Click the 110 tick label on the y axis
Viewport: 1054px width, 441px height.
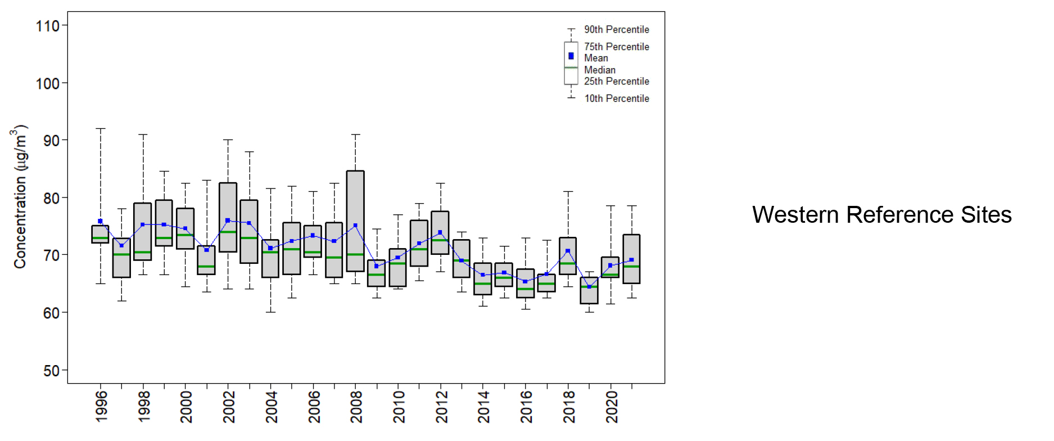(x=48, y=26)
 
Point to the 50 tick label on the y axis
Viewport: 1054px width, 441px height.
(x=51, y=371)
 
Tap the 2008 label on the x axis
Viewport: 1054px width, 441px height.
(x=356, y=407)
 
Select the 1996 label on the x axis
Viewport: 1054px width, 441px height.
(x=101, y=407)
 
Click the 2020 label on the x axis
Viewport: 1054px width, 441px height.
(x=612, y=407)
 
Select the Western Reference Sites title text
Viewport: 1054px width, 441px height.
(x=881, y=215)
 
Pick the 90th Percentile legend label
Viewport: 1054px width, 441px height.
(x=616, y=29)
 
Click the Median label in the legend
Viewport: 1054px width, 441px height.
(x=599, y=70)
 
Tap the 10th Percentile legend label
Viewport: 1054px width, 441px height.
(x=616, y=98)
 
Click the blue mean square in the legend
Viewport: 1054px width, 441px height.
(x=571, y=56)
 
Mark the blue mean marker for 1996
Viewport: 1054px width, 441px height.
(x=101, y=221)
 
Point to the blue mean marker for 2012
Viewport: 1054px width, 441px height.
(x=440, y=232)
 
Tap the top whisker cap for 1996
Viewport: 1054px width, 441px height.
(x=101, y=129)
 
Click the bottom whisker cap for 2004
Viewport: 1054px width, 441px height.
(x=270, y=312)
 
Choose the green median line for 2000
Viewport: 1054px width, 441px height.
(x=186, y=235)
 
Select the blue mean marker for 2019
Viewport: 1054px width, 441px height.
(x=589, y=287)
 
